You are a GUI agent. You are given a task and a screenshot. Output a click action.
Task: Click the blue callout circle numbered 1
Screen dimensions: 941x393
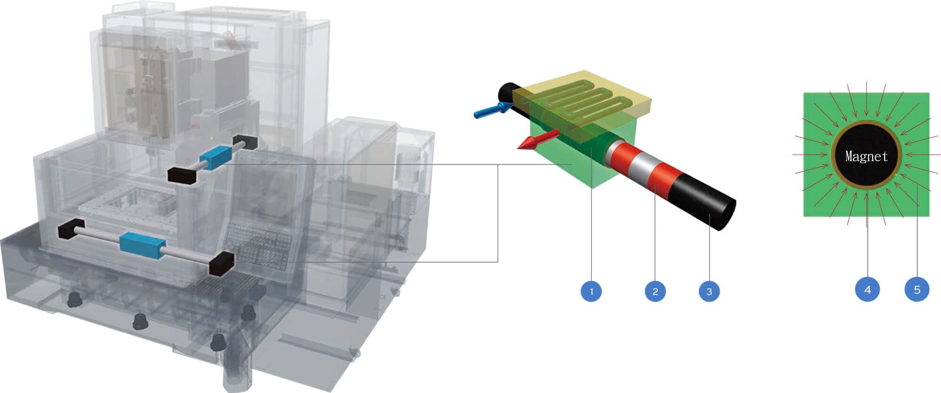[x=591, y=291]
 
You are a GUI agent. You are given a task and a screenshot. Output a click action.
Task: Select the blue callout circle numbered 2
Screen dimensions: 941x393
[x=655, y=291]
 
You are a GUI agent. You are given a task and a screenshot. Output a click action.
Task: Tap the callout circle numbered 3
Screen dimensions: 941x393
[x=710, y=291]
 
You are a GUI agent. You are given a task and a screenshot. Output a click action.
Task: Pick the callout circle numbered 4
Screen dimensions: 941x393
[x=868, y=289]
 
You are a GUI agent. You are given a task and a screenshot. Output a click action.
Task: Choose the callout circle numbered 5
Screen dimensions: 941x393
[x=917, y=289]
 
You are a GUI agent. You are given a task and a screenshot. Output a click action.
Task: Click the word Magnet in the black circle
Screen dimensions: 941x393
[x=866, y=156]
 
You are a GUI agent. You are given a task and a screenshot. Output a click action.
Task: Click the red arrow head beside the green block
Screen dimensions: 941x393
[x=526, y=144]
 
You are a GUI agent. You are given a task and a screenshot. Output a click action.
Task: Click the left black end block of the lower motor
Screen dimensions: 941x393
[x=71, y=230]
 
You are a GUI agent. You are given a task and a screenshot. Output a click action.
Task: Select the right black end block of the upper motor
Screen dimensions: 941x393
[x=245, y=142]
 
